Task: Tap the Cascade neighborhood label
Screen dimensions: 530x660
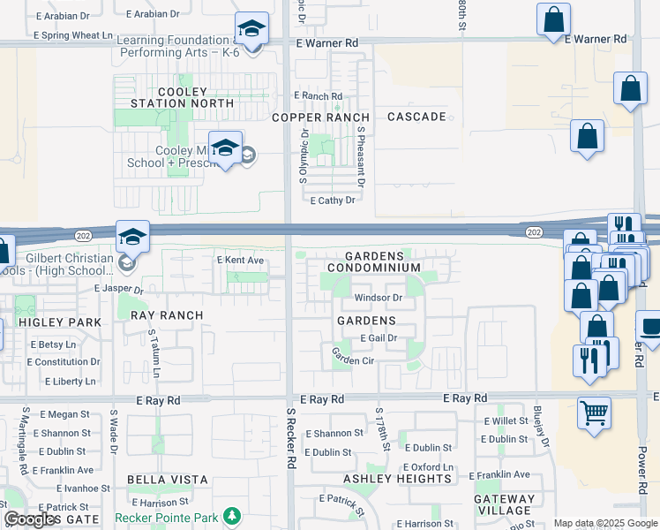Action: pyautogui.click(x=416, y=117)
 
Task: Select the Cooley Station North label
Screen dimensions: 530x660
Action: pyautogui.click(x=182, y=97)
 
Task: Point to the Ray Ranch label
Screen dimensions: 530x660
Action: pyautogui.click(x=167, y=315)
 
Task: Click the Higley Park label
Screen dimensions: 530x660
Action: pyautogui.click(x=49, y=322)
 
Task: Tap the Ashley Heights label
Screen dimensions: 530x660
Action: pyautogui.click(x=397, y=479)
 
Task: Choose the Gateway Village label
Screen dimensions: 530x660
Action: pyautogui.click(x=504, y=504)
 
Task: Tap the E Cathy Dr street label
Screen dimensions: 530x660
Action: pyautogui.click(x=333, y=201)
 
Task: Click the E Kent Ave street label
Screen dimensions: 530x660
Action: pyautogui.click(x=241, y=261)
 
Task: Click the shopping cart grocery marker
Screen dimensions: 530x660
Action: pyautogui.click(x=594, y=413)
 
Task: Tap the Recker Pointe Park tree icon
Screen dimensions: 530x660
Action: pyautogui.click(x=231, y=514)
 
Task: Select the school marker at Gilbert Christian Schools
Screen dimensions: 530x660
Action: pyautogui.click(x=131, y=236)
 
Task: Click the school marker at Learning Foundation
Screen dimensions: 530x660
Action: pyautogui.click(x=251, y=30)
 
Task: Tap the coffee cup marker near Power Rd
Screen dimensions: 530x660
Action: pyautogui.click(x=651, y=328)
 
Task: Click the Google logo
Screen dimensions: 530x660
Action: pyautogui.click(x=31, y=519)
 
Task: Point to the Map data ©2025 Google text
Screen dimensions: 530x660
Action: pyautogui.click(x=604, y=523)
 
